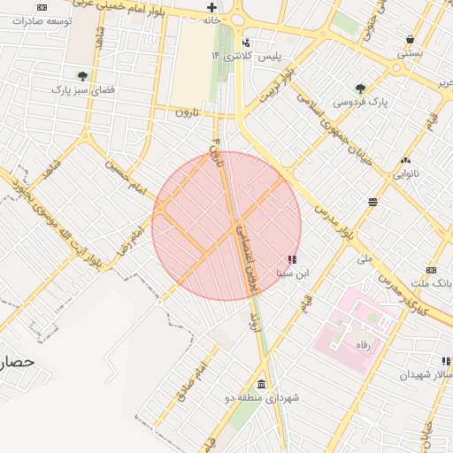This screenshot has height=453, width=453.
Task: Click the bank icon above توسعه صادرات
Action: coord(42,7)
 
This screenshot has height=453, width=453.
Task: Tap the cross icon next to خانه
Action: coord(211,7)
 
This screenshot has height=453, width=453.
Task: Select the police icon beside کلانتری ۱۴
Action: coord(246,42)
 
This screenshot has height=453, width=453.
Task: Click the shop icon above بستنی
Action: coord(411,39)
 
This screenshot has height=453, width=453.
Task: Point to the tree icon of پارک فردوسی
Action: coord(360,88)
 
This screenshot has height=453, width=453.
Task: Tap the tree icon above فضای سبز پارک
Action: coord(82,76)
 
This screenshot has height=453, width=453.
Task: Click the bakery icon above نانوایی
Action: coord(405,160)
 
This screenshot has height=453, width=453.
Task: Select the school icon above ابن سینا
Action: coord(292,260)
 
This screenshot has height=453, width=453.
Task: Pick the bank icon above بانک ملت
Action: coord(431,270)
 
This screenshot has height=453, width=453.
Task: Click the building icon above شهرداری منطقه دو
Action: coord(261,384)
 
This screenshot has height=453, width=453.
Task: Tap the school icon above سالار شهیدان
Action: coord(447,361)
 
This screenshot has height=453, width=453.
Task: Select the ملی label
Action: coord(365,259)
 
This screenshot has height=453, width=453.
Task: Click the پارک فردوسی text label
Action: coord(360,103)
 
